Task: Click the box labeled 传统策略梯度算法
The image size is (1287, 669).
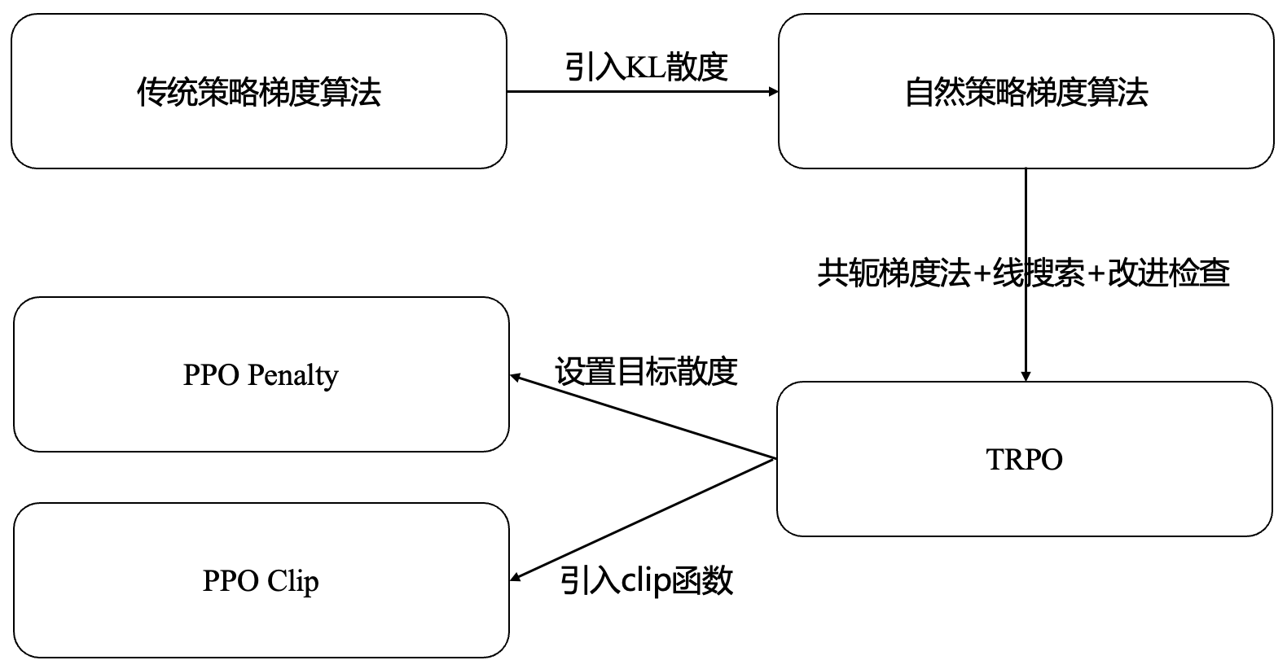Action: (259, 91)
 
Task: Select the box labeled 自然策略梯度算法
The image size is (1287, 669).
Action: (1026, 91)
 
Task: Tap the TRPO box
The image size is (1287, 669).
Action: (1024, 459)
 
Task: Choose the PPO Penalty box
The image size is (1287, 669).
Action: (261, 374)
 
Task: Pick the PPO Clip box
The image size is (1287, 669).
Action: (261, 580)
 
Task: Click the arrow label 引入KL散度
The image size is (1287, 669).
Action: (646, 67)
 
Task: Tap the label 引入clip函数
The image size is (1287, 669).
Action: (646, 580)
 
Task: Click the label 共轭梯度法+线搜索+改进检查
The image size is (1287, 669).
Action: (1023, 273)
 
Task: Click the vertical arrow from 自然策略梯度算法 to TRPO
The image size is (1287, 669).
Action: (1026, 220)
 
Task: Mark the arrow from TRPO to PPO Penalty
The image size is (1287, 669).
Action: (643, 417)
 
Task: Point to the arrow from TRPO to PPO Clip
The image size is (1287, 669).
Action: (643, 519)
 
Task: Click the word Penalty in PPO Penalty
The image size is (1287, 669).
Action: (292, 375)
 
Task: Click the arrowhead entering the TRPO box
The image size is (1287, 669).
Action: (1026, 375)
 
